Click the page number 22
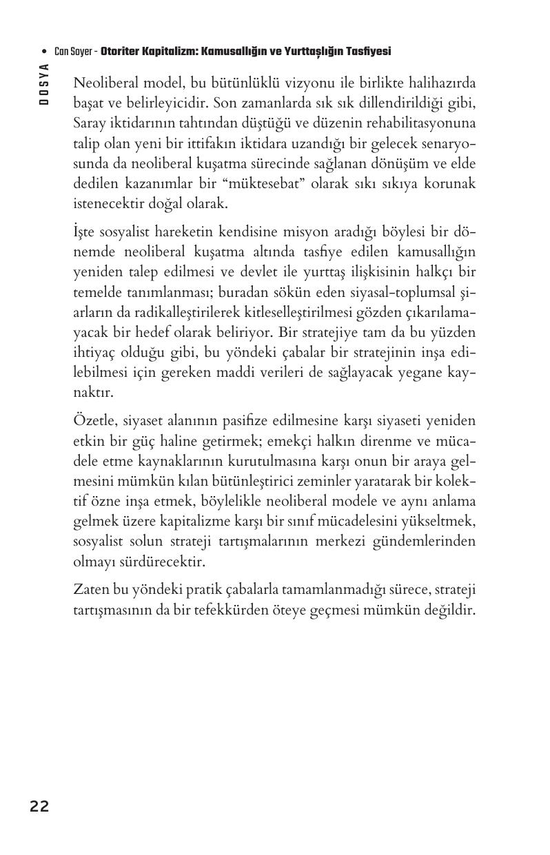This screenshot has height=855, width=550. click(x=39, y=806)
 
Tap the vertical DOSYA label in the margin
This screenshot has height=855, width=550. click(x=43, y=83)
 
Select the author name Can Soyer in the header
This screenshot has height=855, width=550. click(x=73, y=52)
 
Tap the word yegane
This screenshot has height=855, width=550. click(x=418, y=373)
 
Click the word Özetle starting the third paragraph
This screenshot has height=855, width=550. click(x=93, y=420)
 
